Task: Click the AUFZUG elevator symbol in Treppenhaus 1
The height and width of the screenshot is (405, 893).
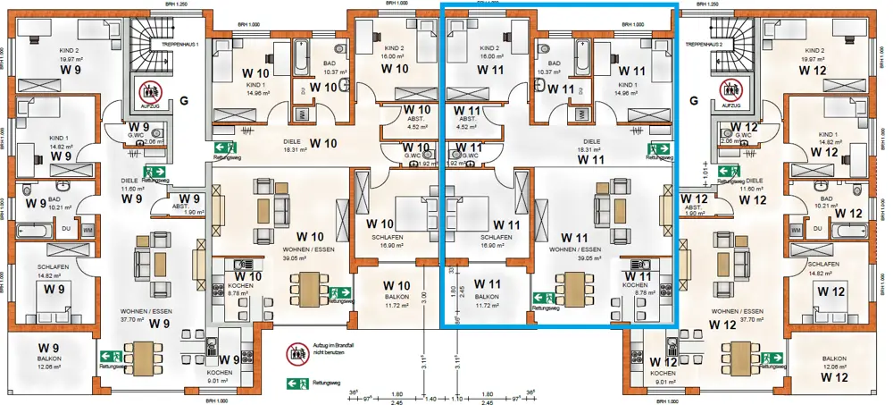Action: (x=149, y=92)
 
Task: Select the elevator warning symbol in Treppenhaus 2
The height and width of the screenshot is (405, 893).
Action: (x=731, y=92)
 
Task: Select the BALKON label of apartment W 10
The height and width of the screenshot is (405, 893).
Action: (x=402, y=297)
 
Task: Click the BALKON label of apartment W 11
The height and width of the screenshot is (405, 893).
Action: (x=488, y=296)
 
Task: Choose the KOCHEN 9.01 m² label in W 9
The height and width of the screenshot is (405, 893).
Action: (x=220, y=376)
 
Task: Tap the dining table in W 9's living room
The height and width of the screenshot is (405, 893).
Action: (x=139, y=355)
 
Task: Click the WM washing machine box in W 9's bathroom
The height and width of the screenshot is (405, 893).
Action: (x=87, y=230)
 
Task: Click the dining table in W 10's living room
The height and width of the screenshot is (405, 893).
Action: (x=308, y=287)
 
